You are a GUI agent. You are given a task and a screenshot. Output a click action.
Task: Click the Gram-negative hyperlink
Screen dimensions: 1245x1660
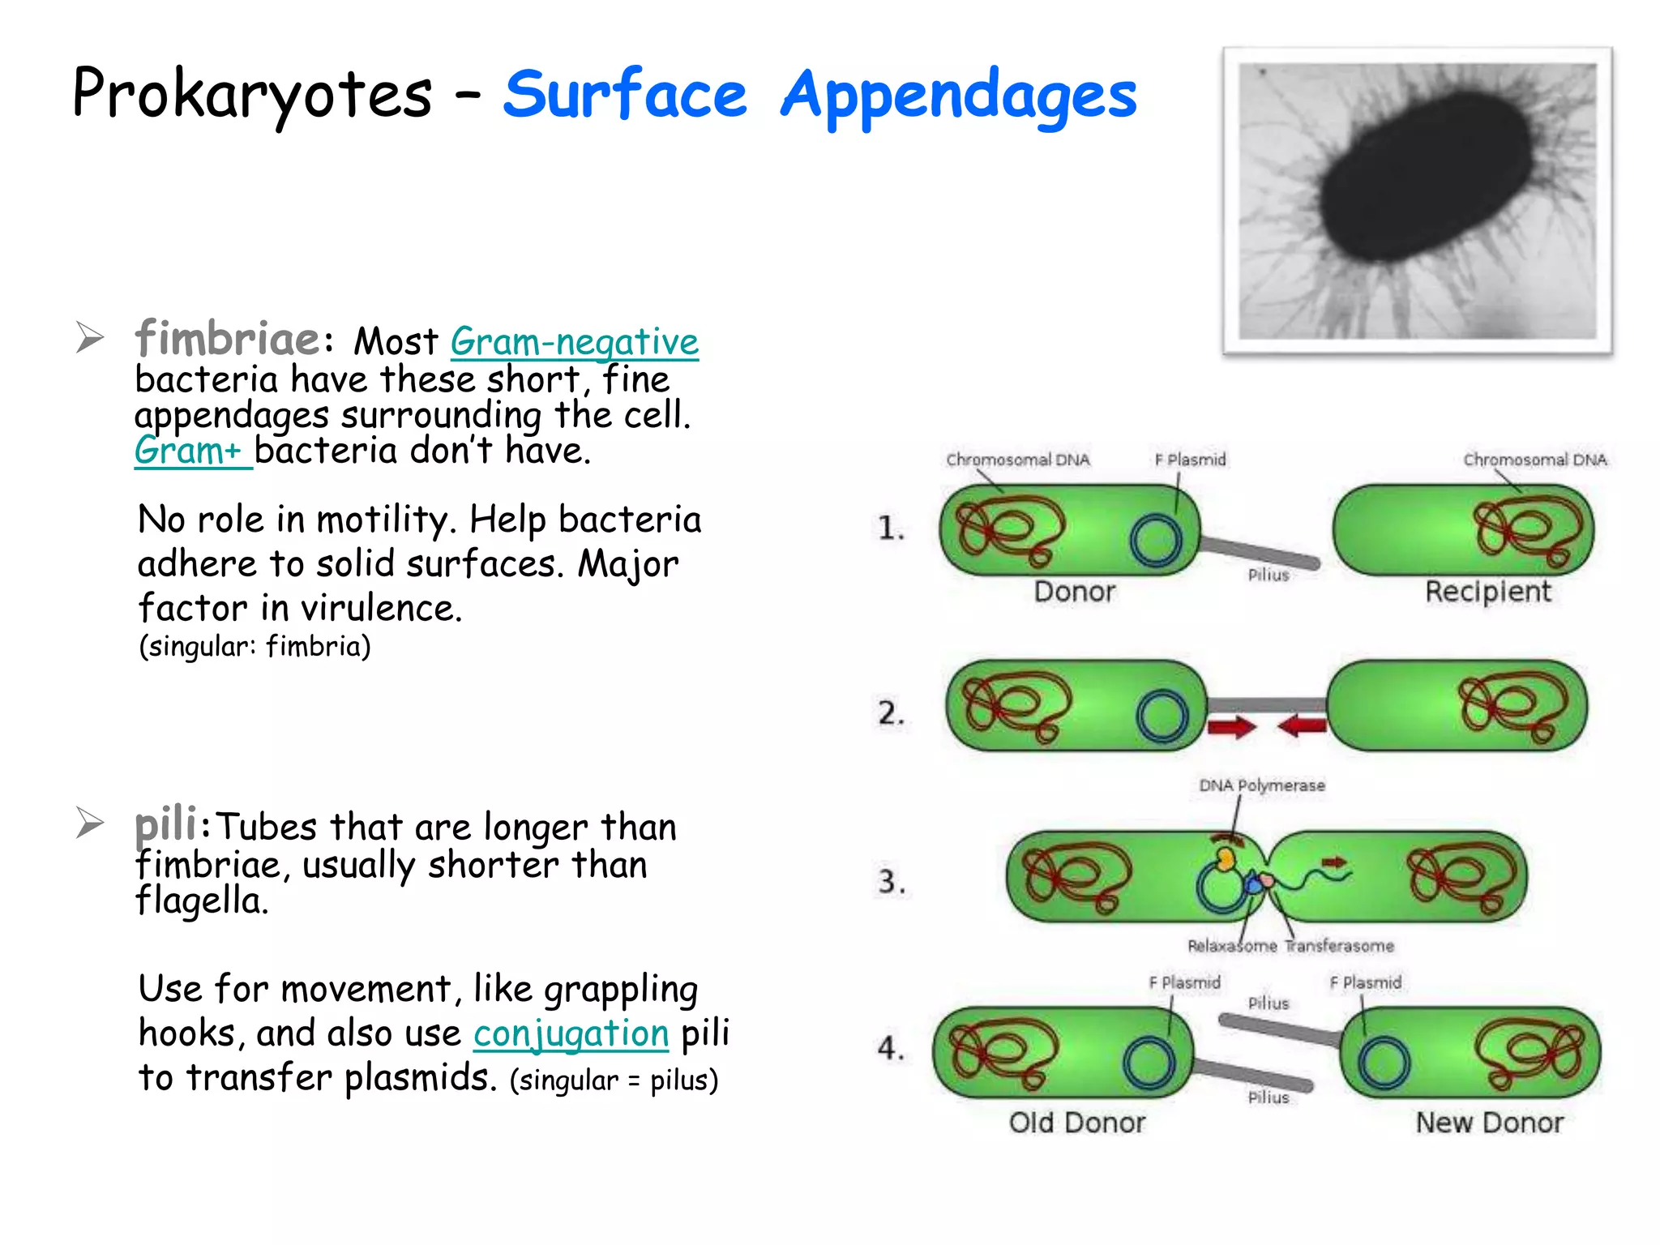(574, 342)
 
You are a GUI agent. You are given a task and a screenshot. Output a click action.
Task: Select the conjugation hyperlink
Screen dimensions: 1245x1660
(571, 1033)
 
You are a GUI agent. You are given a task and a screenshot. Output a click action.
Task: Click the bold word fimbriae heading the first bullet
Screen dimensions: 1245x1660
(228, 338)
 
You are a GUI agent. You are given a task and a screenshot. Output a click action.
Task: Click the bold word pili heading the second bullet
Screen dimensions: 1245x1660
(165, 824)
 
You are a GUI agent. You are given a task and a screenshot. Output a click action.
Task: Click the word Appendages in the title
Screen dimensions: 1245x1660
(958, 96)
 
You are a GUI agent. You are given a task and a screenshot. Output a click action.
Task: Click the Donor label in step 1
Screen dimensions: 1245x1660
(1075, 592)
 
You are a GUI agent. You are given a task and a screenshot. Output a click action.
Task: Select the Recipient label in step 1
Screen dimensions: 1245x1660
(1488, 592)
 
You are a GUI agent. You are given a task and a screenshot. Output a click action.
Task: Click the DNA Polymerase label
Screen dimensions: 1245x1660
(1262, 785)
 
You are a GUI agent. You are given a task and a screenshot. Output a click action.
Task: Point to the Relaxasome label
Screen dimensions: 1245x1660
(1231, 946)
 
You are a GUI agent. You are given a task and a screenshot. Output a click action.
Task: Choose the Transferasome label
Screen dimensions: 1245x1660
(1340, 946)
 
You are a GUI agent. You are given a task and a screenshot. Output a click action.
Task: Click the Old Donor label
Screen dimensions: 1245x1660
(1076, 1123)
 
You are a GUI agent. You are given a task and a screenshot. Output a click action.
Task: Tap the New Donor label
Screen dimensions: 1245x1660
(1489, 1123)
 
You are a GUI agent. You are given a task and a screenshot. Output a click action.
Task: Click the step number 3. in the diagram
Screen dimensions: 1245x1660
(892, 881)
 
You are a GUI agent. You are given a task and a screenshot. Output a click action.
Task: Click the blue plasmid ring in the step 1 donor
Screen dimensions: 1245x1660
(1156, 541)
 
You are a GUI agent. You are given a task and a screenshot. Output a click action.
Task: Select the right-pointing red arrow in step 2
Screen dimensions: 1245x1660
(1231, 725)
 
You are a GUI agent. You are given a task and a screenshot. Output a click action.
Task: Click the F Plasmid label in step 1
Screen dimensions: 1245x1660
(1190, 460)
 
